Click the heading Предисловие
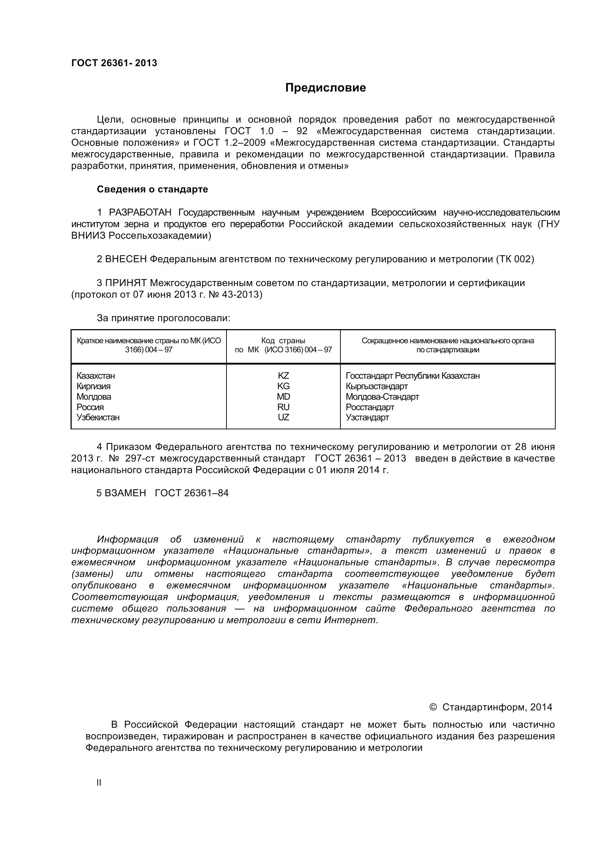click(326, 88)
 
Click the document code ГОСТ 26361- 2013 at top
click(114, 63)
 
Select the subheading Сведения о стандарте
click(152, 189)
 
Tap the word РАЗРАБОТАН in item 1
click(140, 213)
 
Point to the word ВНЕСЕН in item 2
click(126, 259)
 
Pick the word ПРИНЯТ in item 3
click(126, 283)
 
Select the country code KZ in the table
click(283, 376)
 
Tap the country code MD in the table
click(283, 397)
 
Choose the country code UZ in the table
click(283, 417)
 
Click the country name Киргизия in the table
click(94, 386)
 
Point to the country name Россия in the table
click(90, 407)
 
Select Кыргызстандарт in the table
click(377, 386)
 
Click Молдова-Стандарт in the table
click(382, 397)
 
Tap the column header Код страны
click(283, 341)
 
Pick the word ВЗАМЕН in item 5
click(125, 493)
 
